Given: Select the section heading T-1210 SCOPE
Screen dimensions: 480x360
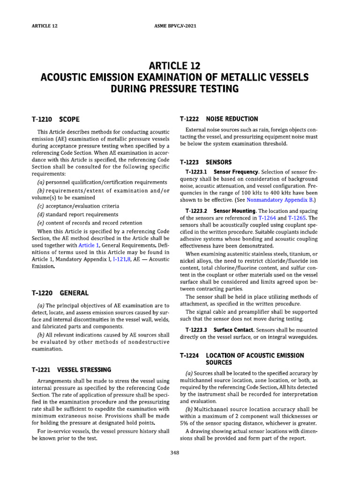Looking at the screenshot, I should (x=59, y=119).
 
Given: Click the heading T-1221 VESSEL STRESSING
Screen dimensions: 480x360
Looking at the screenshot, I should (x=71, y=370).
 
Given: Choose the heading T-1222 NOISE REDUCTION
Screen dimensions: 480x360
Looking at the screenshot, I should (x=218, y=119).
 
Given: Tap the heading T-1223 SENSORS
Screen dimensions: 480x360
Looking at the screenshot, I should (x=206, y=162).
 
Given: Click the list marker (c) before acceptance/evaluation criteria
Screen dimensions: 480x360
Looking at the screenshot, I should (x=40, y=205).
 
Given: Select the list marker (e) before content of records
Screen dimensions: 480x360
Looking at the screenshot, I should (x=40, y=223).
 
